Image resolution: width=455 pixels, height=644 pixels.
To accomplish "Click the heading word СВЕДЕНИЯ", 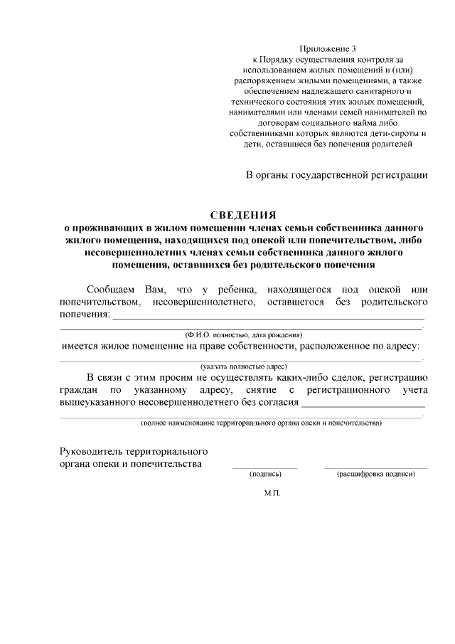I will [242, 214].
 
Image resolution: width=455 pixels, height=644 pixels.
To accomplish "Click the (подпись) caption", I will [265, 474].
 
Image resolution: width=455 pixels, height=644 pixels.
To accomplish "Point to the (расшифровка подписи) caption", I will [375, 474].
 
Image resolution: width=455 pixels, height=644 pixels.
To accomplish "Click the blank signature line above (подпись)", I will [264, 468].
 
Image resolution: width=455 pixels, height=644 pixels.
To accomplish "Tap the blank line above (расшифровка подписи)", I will [375, 468].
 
